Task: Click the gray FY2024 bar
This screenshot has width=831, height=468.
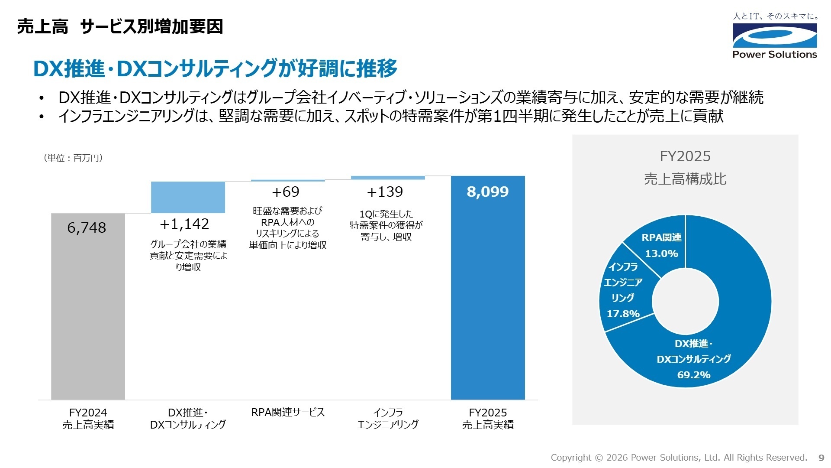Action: tap(88, 312)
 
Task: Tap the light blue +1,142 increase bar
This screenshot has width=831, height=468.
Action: tap(188, 197)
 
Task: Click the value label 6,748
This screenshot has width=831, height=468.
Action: tap(87, 227)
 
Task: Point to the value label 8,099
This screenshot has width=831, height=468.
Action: tap(488, 192)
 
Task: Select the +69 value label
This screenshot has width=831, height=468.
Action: tap(286, 192)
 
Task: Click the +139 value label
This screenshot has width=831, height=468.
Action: tap(385, 192)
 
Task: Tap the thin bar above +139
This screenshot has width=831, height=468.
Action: tap(388, 178)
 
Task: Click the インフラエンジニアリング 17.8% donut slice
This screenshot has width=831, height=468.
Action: tap(623, 290)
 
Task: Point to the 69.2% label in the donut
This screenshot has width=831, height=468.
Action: tap(694, 375)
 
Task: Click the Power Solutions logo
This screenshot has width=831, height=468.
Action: tap(775, 37)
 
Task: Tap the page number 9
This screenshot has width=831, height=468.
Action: tap(821, 458)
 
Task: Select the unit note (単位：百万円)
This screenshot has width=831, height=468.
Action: tap(73, 158)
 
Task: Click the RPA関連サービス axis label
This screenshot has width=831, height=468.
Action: tap(288, 412)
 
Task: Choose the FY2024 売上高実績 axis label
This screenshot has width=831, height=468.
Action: tap(88, 419)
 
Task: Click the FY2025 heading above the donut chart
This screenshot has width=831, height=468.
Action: tap(685, 156)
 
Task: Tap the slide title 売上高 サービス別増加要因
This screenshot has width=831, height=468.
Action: tap(120, 27)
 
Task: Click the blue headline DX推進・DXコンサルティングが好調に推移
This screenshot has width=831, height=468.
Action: tap(215, 68)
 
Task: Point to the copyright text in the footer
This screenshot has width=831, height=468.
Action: tap(679, 458)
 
